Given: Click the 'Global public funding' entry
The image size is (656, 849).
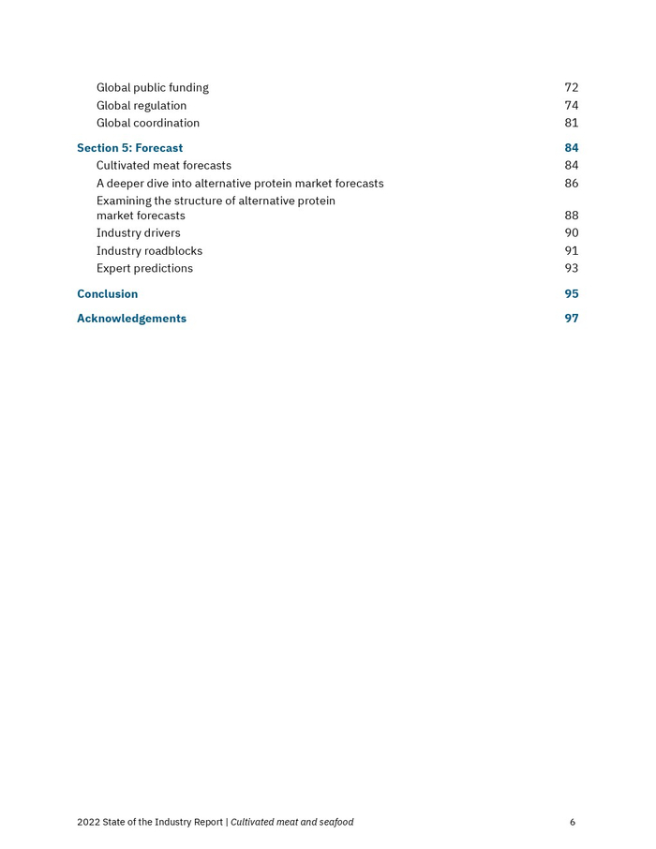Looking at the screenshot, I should click(152, 88).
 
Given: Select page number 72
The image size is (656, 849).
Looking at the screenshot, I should click(571, 88).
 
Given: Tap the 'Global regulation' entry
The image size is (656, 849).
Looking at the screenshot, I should click(142, 106).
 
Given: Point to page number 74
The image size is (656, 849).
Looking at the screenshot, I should click(571, 106).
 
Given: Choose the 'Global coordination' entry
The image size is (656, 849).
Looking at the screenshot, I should click(148, 123).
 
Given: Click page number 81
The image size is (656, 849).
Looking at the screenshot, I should click(571, 123).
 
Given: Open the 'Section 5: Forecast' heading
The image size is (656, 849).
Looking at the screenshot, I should click(129, 148).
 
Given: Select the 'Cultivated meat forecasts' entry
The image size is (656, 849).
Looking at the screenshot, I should click(164, 166).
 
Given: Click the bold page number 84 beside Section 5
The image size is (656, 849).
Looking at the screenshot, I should click(571, 148).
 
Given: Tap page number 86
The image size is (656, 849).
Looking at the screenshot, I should click(571, 184).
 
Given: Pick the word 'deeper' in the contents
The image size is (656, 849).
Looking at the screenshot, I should click(127, 184).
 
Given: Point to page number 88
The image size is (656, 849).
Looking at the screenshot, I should click(571, 216).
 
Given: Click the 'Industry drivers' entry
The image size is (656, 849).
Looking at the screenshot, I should click(139, 233).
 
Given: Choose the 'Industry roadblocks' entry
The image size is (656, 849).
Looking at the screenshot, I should click(149, 251).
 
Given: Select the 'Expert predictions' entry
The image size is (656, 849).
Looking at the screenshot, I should click(144, 269).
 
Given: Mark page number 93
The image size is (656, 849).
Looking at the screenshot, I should click(571, 269).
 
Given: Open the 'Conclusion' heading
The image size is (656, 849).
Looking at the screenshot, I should click(107, 294).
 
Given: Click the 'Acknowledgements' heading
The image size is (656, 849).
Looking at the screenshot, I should click(131, 319).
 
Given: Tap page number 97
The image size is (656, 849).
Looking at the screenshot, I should click(571, 319).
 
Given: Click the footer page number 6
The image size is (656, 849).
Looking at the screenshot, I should click(572, 823).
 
